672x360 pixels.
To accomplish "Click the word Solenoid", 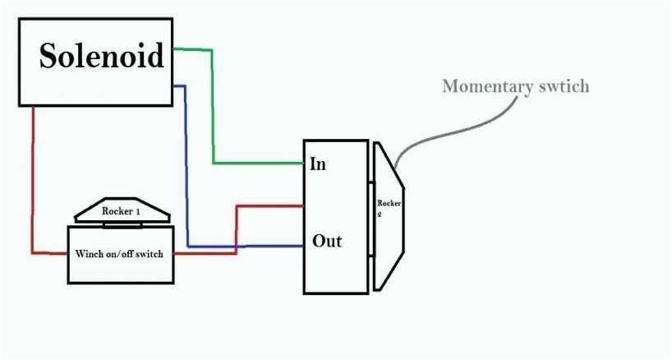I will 102,56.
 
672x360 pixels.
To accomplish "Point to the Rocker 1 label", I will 122,211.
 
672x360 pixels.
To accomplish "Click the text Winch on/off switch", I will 119,254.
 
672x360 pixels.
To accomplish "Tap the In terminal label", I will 318,164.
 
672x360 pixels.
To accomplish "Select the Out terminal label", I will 326,242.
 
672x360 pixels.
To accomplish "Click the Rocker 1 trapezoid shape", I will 122,211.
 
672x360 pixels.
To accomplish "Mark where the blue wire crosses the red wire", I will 237,246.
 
